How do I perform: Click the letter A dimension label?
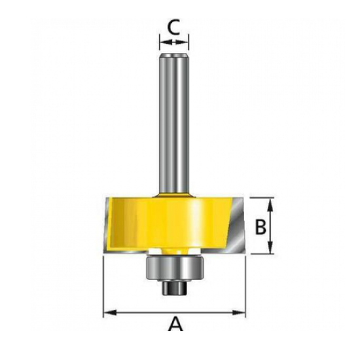(175, 323)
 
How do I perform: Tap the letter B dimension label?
(260, 226)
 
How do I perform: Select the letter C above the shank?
(173, 27)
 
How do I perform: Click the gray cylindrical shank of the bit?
(174, 118)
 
